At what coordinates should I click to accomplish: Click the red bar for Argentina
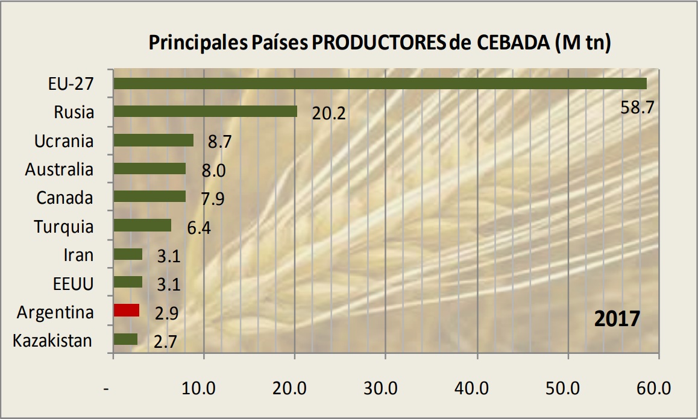(127, 310)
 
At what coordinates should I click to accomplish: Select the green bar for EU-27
(380, 83)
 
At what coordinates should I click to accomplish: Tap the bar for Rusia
(205, 112)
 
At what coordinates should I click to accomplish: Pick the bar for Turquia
(142, 225)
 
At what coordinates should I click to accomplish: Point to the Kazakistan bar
(125, 339)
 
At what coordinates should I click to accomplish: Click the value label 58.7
(637, 108)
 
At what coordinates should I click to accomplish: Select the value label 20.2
(329, 113)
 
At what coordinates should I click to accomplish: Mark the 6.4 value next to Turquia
(198, 228)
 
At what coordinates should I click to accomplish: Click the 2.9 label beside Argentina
(167, 313)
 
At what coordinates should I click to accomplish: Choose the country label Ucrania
(64, 141)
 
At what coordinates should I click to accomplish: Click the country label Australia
(59, 169)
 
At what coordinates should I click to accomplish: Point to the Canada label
(64, 198)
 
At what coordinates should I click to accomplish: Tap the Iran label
(78, 255)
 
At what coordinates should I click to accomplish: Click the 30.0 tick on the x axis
(386, 389)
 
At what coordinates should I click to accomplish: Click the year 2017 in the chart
(617, 318)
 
